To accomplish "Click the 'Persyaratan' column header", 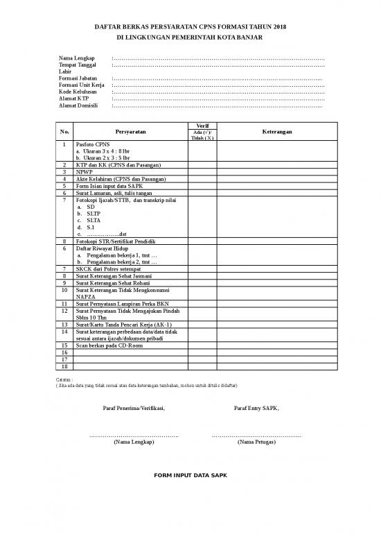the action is pos(131,131).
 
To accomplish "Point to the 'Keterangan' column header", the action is pos(277,131).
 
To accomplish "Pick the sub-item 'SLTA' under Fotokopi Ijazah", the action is pos(92,220).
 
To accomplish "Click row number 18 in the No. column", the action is pos(64,366).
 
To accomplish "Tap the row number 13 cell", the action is pos(64,324).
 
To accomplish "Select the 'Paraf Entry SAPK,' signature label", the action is pos(257,408).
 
